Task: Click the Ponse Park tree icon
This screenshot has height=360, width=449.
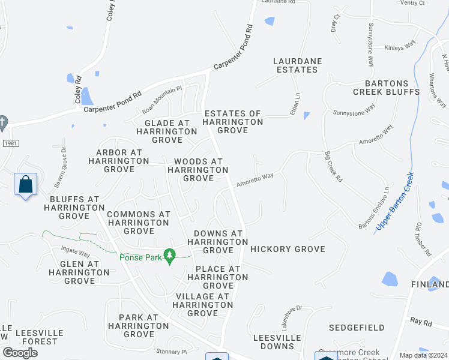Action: point(170,256)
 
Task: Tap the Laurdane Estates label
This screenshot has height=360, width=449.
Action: point(295,65)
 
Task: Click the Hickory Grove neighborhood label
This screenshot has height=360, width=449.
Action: point(288,249)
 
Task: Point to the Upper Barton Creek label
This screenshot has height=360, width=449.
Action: point(394,202)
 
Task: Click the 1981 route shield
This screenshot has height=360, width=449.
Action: point(10,143)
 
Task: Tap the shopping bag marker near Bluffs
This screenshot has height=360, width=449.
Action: point(26,185)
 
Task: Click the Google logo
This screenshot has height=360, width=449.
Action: point(20,353)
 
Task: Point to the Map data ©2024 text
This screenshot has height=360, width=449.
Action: point(424,355)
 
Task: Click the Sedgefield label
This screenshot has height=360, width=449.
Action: point(357,328)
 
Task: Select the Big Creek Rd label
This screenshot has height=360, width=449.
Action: point(333,167)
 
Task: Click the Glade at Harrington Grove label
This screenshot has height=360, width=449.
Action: point(158,131)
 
